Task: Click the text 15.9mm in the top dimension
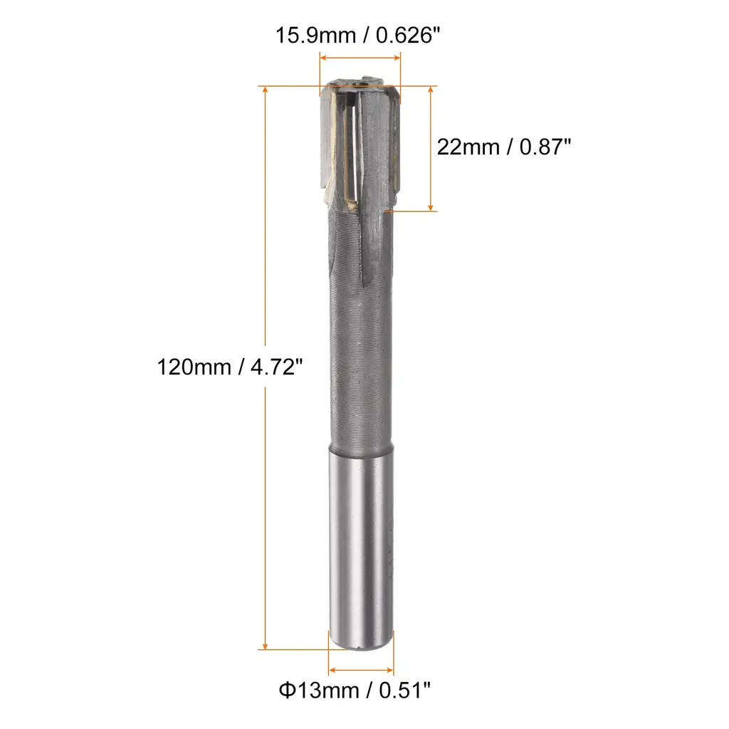(315, 36)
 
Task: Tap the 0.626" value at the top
(408, 36)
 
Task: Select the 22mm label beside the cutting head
(468, 147)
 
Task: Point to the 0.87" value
(545, 147)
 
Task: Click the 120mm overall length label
(194, 367)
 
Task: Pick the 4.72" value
(277, 367)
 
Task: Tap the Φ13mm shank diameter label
(318, 691)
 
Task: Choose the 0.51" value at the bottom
(404, 691)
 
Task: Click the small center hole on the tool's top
(360, 85)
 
